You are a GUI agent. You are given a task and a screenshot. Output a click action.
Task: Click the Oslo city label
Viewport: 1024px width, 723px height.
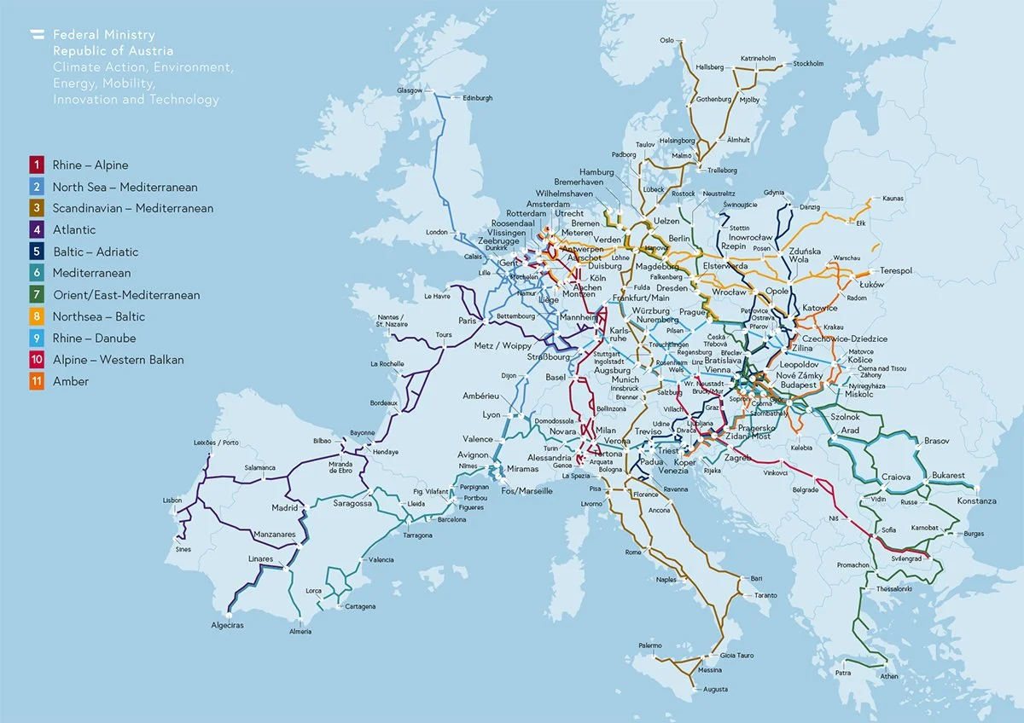point(666,40)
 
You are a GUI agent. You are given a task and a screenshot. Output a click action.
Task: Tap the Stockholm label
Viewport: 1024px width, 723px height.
point(808,64)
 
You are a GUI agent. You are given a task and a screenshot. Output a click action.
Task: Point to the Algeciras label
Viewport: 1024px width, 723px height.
point(228,625)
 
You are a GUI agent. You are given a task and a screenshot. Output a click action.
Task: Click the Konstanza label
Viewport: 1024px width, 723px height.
point(976,500)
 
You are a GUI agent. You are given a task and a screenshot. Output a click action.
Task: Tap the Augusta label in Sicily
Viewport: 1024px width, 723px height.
point(691,689)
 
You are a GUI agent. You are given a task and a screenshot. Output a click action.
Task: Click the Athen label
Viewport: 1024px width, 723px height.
point(889,676)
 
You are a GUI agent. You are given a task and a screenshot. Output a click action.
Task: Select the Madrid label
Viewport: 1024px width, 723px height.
point(284,508)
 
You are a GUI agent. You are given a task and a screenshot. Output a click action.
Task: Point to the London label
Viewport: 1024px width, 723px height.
point(437,232)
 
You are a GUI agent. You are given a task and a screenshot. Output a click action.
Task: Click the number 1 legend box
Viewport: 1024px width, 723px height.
point(37,165)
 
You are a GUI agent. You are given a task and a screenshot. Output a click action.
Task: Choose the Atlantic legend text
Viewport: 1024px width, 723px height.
point(74,229)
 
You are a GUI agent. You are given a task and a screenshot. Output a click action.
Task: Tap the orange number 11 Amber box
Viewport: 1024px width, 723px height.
point(37,381)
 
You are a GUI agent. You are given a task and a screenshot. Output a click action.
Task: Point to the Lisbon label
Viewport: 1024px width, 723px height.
point(172,500)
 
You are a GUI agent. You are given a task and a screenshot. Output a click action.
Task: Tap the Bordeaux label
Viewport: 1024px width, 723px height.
point(383,402)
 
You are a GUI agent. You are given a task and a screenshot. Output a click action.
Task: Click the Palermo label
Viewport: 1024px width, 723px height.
point(649,645)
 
